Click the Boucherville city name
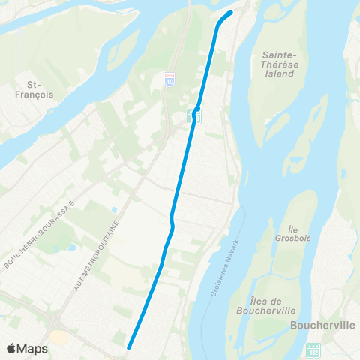point(321,325)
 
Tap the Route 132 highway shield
point(313,349)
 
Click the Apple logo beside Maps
point(12,348)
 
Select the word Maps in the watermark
point(33,348)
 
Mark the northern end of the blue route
point(230,12)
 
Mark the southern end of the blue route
point(129,346)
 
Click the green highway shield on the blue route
point(194,115)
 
